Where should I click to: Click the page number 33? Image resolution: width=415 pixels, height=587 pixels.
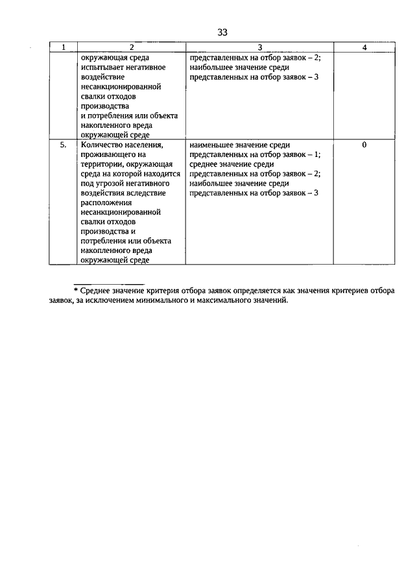click(223, 32)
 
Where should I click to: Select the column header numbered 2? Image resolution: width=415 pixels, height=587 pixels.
click(131, 47)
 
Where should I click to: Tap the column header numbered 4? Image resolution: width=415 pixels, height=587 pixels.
click(364, 47)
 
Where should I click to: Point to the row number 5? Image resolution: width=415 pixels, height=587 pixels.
click(64, 145)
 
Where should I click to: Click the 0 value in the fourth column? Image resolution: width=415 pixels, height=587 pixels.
click(364, 145)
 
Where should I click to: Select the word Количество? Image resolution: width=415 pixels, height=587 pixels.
click(102, 145)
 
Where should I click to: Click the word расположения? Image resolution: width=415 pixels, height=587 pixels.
click(106, 203)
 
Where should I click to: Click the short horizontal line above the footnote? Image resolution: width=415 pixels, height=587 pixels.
click(108, 283)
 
